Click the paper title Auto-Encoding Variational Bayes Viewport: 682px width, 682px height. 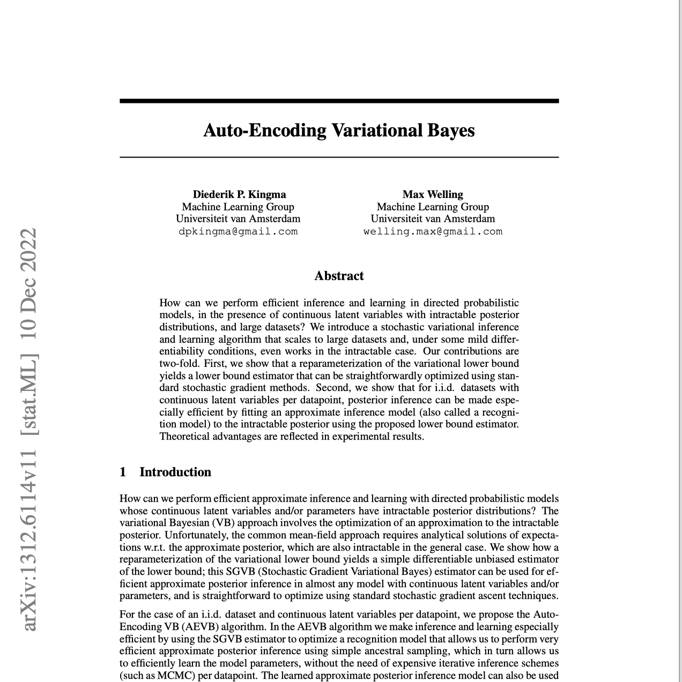click(339, 130)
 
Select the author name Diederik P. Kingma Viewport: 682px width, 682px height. click(239, 194)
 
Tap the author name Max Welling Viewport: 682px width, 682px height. click(433, 194)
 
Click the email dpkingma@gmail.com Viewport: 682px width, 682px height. click(238, 232)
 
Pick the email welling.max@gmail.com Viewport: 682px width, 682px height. click(433, 232)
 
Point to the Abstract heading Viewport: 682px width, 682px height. click(339, 276)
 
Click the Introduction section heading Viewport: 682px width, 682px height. click(175, 472)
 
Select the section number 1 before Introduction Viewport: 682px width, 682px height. click(123, 472)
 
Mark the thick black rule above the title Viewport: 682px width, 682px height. click(339, 101)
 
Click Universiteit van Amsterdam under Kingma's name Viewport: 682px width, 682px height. click(238, 219)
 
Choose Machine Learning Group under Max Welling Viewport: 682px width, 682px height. click(433, 206)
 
